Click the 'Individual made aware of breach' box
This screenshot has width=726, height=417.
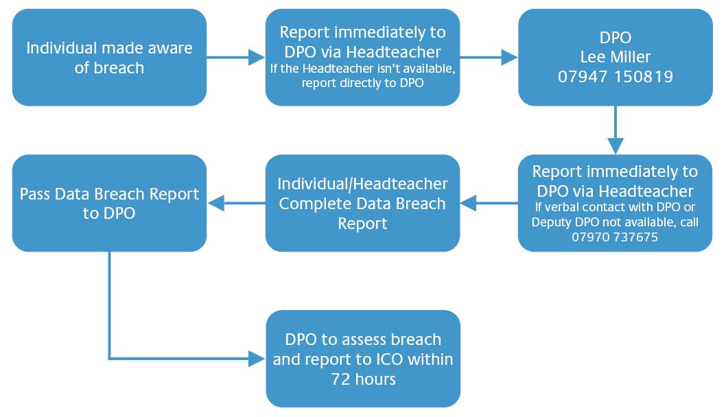coord(109,58)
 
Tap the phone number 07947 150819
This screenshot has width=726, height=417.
coord(616,77)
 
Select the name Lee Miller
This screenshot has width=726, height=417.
coord(616,57)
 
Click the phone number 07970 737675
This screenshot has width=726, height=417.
coord(615,237)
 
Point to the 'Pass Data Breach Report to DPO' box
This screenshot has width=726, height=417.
coord(109,203)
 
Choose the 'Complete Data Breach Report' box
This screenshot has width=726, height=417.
coord(362,203)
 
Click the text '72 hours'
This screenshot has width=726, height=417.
coord(364,379)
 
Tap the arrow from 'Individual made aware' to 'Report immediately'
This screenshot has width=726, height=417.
coord(235,58)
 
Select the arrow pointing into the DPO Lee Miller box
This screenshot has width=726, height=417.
coord(489,58)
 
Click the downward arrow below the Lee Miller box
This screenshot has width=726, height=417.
coord(616,130)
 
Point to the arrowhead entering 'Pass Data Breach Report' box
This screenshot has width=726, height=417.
coord(215,203)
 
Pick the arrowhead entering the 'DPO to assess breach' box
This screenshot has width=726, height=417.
coord(257,359)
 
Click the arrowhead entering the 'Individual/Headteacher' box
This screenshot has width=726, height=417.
coord(469,203)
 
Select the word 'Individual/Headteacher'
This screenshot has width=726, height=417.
coord(362,184)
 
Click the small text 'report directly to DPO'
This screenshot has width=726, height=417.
coord(362,83)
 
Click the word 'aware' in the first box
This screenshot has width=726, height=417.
coord(170,48)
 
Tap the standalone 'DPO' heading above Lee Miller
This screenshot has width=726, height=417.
coord(616,38)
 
